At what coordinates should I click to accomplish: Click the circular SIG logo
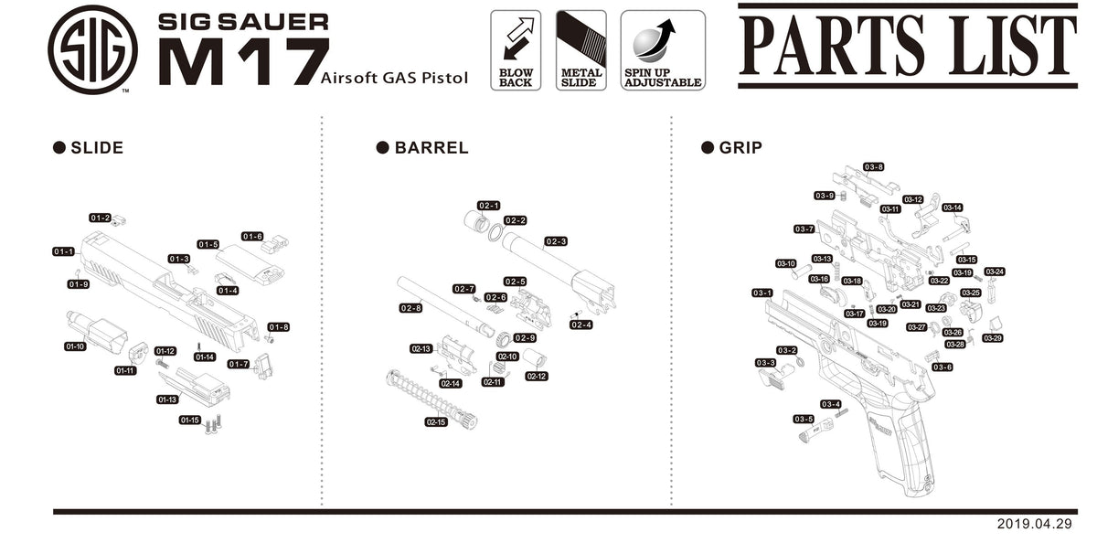pyautogui.click(x=92, y=49)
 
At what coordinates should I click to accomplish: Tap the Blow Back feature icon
pyautogui.click(x=516, y=49)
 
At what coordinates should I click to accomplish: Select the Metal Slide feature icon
pyautogui.click(x=580, y=49)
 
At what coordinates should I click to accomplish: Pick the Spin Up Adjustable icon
pyautogui.click(x=663, y=49)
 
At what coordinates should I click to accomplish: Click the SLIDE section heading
pyautogui.click(x=96, y=148)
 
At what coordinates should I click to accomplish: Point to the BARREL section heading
pyautogui.click(x=431, y=148)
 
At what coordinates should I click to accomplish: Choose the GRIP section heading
pyautogui.click(x=740, y=148)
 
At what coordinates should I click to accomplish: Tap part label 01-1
pyautogui.click(x=63, y=251)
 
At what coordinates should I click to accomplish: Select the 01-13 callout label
pyautogui.click(x=166, y=399)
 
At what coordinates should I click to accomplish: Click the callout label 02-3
pyautogui.click(x=556, y=241)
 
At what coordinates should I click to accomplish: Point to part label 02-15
pyautogui.click(x=436, y=421)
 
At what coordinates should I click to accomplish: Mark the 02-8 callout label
pyautogui.click(x=410, y=308)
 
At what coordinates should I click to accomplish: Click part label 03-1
pyautogui.click(x=762, y=293)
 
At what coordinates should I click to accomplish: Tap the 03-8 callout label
pyautogui.click(x=874, y=167)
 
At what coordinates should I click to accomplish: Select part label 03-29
pyautogui.click(x=993, y=338)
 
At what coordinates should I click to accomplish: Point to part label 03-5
pyautogui.click(x=804, y=419)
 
